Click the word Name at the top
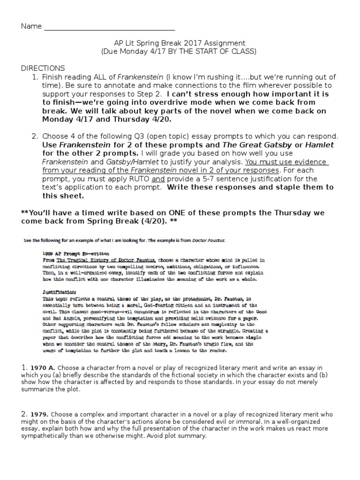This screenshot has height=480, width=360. (31, 26)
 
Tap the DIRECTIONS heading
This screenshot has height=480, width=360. (43, 68)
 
